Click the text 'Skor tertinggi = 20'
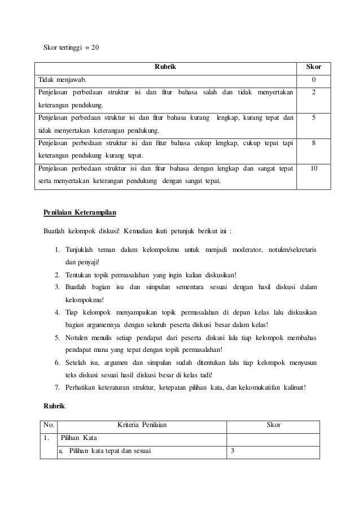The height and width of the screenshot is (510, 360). pos(71,47)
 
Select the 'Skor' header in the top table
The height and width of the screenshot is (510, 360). pos(314,67)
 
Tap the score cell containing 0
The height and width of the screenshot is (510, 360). pos(314,80)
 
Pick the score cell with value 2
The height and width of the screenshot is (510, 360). pos(314,92)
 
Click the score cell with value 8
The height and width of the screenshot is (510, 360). pos(314,143)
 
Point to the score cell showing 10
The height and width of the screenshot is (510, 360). pos(314,168)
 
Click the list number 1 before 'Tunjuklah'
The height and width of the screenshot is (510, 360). pos(58,250)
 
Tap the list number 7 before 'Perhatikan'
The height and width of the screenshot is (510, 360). pos(58,387)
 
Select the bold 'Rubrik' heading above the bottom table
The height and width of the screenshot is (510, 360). pos(54,406)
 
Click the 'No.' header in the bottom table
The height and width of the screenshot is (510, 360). pos(49,425)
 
